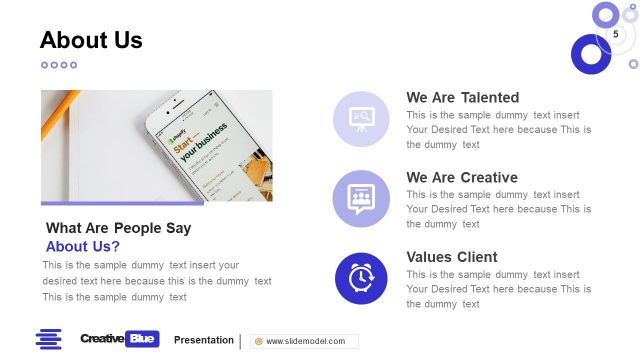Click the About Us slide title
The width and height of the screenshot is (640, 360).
[91, 40]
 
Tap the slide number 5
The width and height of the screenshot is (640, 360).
[616, 35]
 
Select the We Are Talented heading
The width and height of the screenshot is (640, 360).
[462, 97]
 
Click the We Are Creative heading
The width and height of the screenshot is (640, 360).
[461, 177]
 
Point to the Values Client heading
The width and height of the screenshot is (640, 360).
[451, 257]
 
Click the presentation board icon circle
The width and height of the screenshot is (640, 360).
[361, 118]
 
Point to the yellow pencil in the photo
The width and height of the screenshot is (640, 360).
[59, 115]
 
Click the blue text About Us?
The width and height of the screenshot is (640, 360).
[83, 246]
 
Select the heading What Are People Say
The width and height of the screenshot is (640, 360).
[118, 228]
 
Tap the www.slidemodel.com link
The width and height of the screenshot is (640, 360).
[305, 341]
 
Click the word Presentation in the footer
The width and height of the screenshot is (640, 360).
[204, 340]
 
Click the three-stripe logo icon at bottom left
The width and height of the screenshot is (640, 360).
[49, 339]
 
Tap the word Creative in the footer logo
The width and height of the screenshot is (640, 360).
[102, 339]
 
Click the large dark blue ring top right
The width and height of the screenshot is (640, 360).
[590, 54]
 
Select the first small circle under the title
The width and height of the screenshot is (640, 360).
[45, 65]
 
